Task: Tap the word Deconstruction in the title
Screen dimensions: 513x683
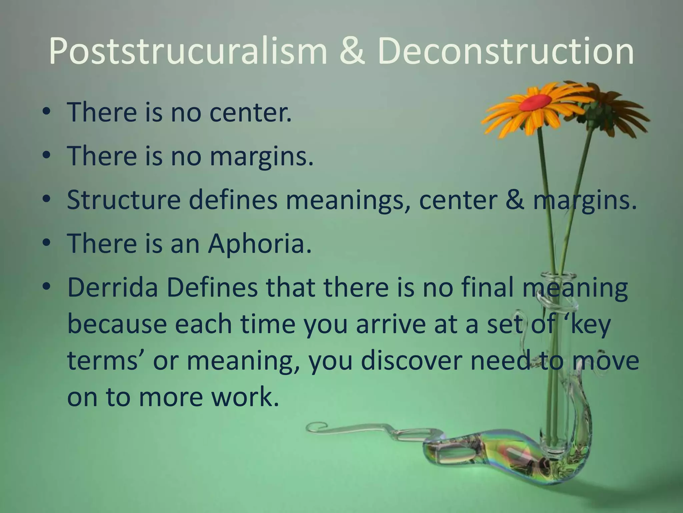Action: [x=506, y=51]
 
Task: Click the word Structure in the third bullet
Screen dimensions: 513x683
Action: [x=123, y=200]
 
